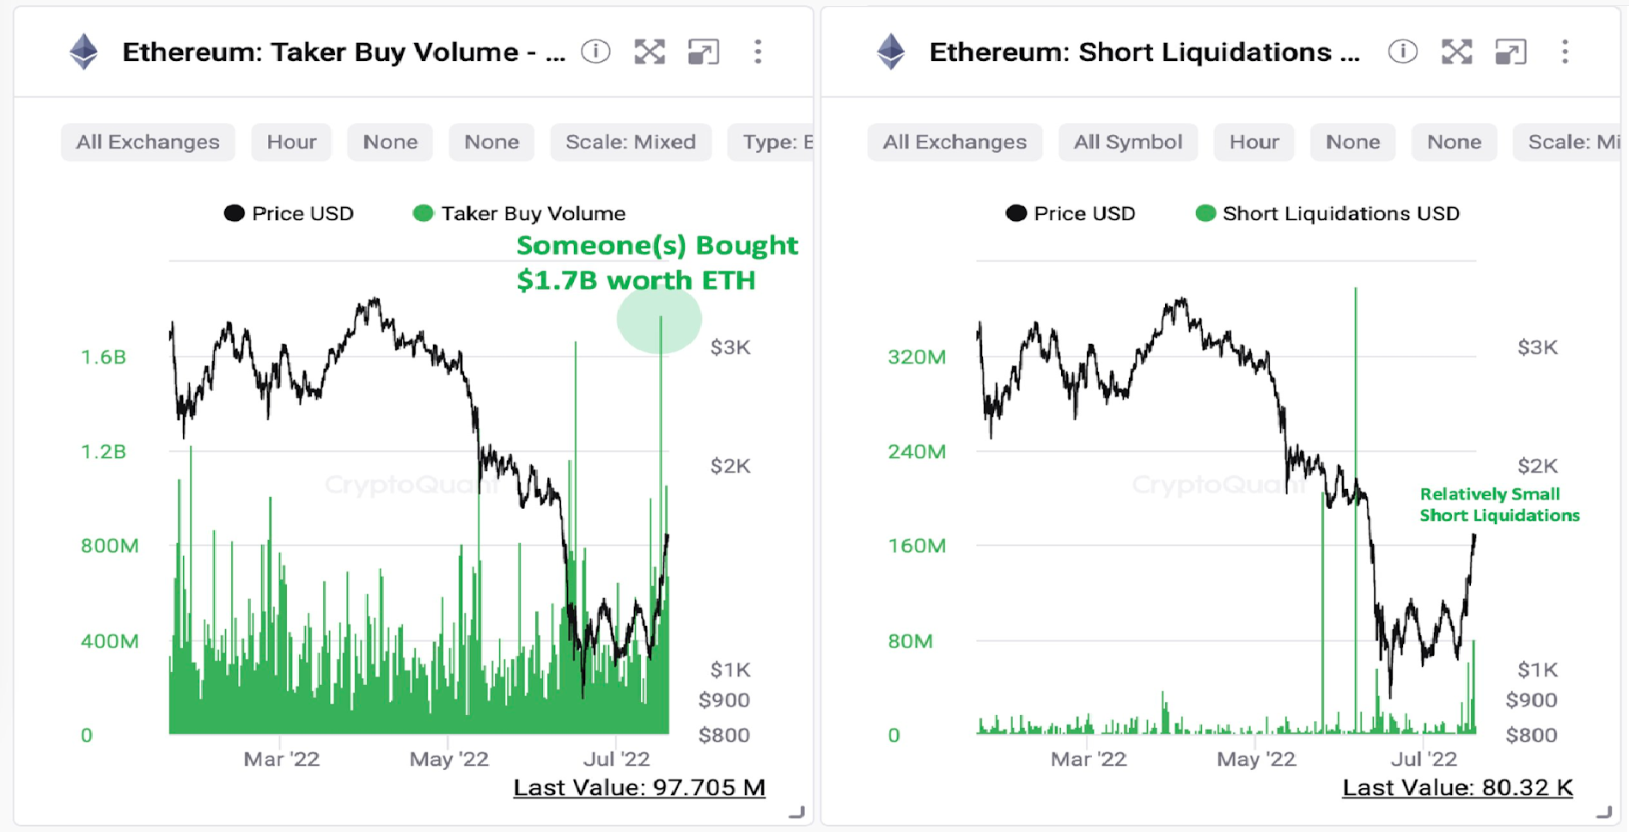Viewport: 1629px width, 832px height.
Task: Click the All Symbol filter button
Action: click(x=1127, y=142)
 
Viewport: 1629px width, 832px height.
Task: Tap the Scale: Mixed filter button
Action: click(x=631, y=142)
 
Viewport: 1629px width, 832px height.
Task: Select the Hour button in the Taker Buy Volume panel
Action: click(x=291, y=142)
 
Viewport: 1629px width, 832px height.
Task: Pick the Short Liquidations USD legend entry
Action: click(x=1327, y=213)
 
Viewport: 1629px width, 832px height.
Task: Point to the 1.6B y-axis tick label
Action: click(x=103, y=357)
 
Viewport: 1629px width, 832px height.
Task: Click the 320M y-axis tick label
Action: click(x=916, y=357)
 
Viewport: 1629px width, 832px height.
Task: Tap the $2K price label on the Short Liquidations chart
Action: click(x=1537, y=466)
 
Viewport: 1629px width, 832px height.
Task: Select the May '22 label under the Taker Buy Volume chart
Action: click(x=448, y=759)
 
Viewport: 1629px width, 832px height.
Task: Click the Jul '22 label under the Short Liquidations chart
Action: click(x=1424, y=759)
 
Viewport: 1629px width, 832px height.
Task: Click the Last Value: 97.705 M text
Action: click(x=638, y=787)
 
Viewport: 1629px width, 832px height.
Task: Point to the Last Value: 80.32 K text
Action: click(x=1457, y=787)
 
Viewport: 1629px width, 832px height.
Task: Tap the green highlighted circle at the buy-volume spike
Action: click(x=659, y=321)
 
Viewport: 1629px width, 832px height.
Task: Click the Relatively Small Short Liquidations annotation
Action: click(x=1498, y=505)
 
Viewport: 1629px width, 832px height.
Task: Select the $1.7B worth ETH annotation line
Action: click(x=636, y=280)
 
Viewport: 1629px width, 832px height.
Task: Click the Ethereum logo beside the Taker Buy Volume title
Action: click(x=83, y=52)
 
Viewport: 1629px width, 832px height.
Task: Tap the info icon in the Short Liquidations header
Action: click(x=1402, y=52)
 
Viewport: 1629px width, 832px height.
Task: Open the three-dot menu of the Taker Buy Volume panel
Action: click(x=758, y=52)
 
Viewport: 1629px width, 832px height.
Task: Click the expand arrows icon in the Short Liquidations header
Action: click(x=1456, y=52)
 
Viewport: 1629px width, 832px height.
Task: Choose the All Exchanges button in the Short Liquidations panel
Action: click(x=955, y=142)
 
